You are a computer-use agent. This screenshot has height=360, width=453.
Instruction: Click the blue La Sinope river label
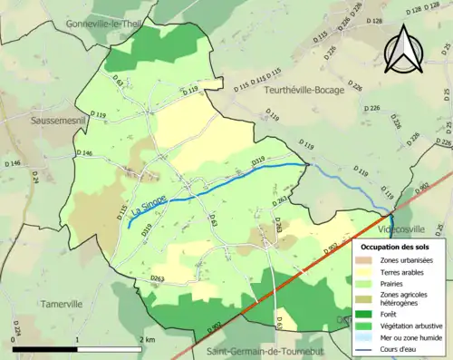click(x=148, y=206)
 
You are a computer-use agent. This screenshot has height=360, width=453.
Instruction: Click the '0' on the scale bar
click(x=14, y=338)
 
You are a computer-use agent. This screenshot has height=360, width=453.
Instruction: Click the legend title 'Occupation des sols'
click(x=400, y=246)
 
